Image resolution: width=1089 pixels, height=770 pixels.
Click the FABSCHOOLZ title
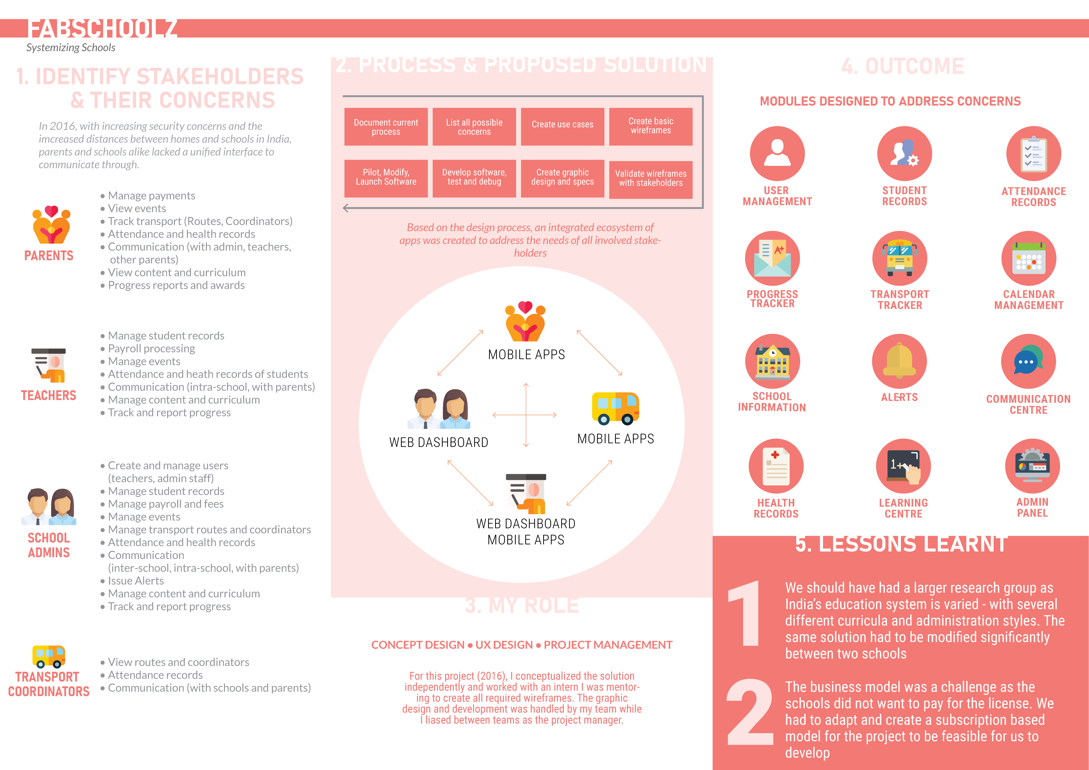tap(102, 29)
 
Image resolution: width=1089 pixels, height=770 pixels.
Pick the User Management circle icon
tap(777, 153)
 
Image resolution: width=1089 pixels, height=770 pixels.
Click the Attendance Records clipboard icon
tap(1033, 153)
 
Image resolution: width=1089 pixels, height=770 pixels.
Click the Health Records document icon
tap(776, 466)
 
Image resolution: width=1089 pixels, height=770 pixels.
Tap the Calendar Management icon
tap(1028, 259)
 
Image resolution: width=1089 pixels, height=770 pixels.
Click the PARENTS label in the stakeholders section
tap(49, 256)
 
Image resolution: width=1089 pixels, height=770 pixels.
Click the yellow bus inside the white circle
tap(615, 408)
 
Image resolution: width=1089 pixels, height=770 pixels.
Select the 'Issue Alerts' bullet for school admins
tap(136, 581)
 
